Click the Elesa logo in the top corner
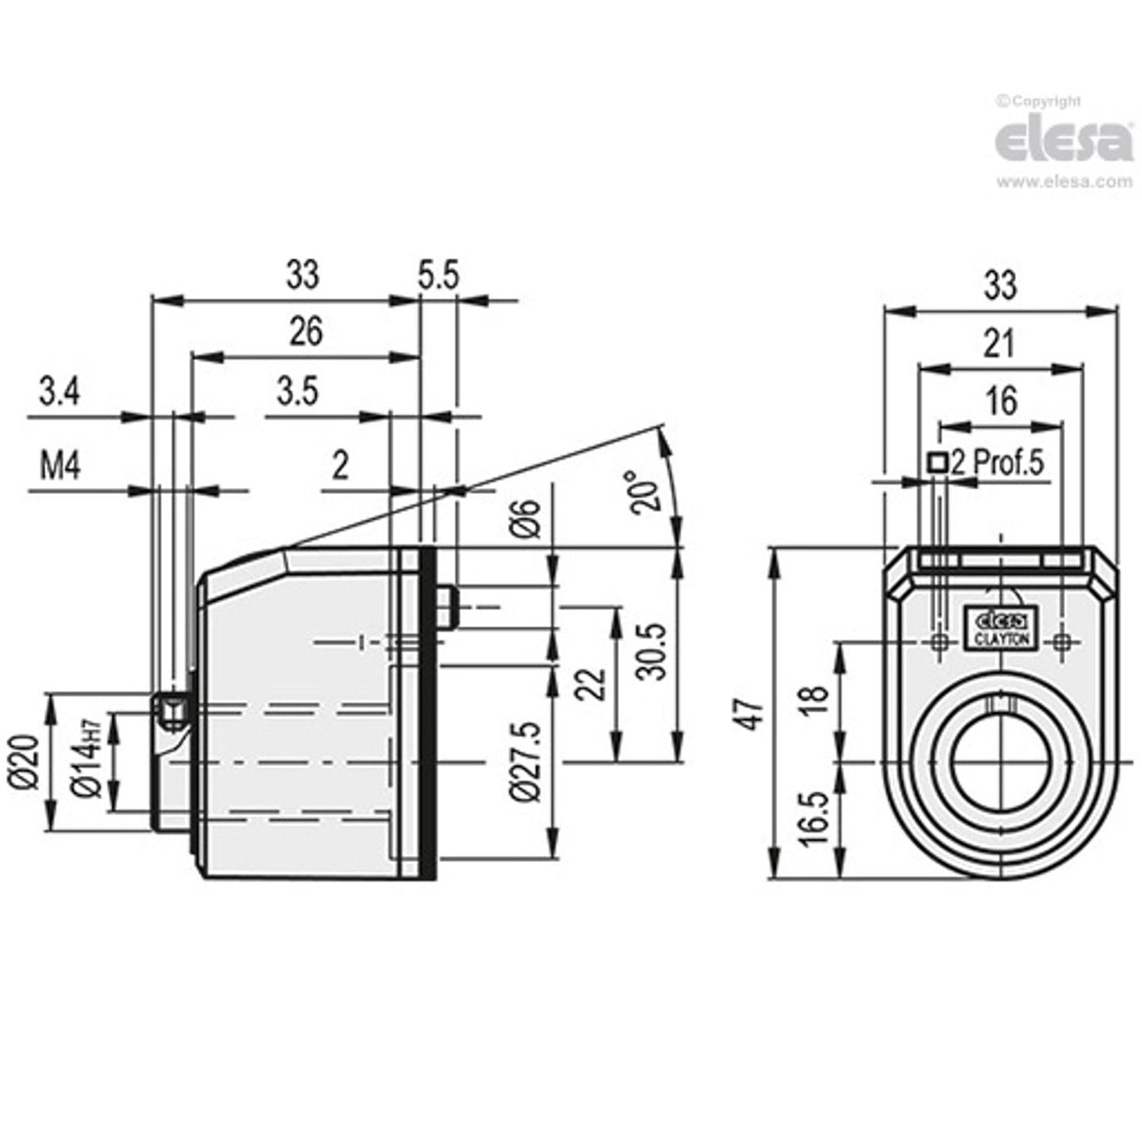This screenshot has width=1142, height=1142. [1064, 142]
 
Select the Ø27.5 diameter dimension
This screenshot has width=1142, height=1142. [527, 761]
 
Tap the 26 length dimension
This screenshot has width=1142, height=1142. [306, 331]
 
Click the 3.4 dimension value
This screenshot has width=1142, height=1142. [58, 390]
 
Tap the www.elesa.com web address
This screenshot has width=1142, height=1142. [1064, 182]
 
